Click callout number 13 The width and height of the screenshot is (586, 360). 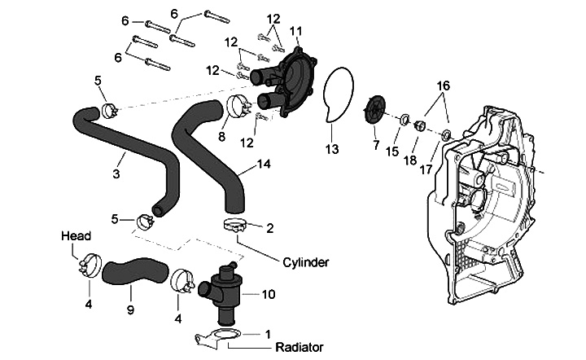click(331, 149)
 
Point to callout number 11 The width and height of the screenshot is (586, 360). click(295, 30)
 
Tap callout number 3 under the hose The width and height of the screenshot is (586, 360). click(116, 173)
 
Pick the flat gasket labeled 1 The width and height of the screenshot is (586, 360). click(219, 337)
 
